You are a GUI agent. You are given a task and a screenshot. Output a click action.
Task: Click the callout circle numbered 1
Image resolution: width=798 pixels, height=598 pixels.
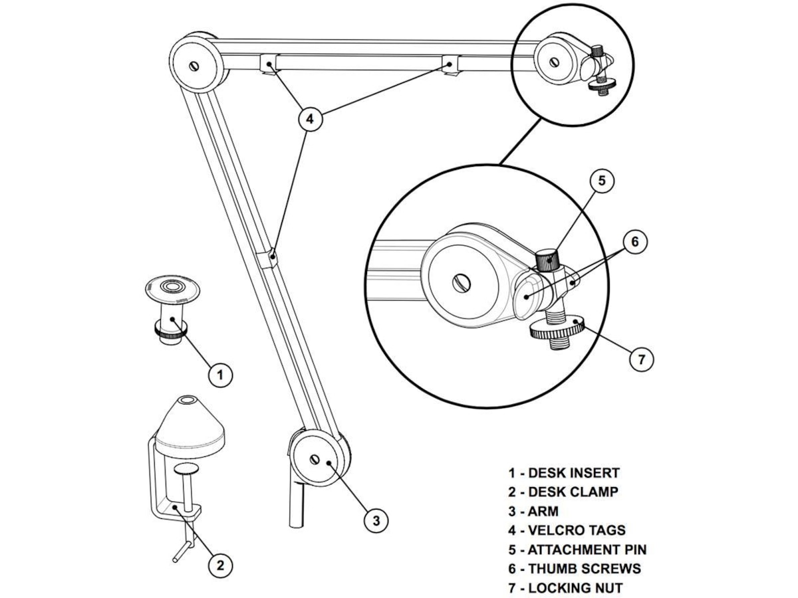220,375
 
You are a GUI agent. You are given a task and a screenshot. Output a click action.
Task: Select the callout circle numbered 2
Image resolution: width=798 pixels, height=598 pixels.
220,565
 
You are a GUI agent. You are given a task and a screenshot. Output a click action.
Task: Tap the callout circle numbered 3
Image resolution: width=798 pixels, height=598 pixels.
376,520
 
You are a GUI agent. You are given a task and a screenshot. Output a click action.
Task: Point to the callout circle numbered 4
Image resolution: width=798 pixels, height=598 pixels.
309,120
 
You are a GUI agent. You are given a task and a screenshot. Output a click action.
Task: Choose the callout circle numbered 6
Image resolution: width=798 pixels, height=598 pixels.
634,242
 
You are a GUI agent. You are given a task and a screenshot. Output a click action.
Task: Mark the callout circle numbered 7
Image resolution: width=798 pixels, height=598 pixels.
641,359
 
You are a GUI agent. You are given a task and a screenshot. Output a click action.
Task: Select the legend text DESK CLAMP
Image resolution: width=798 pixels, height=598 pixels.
573,492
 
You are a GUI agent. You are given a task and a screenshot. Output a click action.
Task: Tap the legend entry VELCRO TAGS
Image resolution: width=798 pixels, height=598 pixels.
577,530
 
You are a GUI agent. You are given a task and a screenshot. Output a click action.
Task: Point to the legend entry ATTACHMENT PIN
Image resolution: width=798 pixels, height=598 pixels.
587,549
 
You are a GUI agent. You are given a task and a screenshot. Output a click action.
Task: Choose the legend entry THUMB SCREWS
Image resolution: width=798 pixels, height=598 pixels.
584,569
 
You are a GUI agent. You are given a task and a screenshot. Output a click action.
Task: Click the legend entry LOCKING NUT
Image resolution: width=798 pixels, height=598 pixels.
575,588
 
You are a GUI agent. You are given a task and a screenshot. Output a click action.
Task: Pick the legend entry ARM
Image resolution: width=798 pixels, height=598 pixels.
543,512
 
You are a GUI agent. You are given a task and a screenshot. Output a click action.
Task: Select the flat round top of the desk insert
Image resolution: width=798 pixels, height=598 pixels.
174,288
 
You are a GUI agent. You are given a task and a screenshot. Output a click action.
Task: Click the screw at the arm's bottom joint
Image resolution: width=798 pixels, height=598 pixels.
315,459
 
